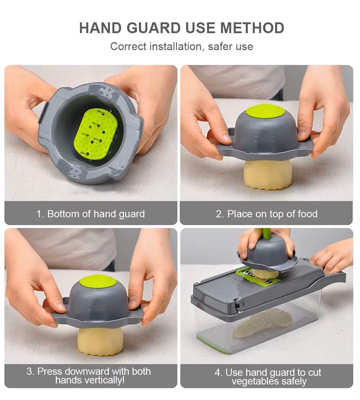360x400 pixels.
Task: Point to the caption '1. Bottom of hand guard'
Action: point(90,214)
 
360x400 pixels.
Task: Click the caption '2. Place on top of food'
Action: point(266,214)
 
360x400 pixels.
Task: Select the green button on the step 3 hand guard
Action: point(98,281)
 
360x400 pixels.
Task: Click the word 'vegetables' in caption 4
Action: point(256,382)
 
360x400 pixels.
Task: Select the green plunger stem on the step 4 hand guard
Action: point(266,234)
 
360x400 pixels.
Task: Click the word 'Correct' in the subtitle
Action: point(129,47)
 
